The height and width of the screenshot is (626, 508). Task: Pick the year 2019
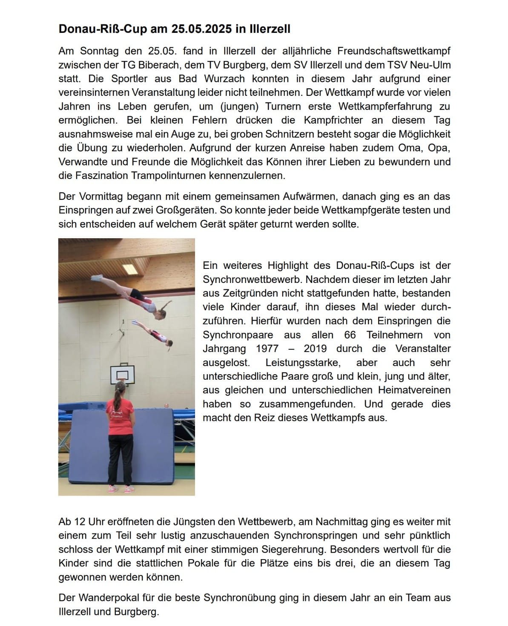(x=315, y=349)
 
